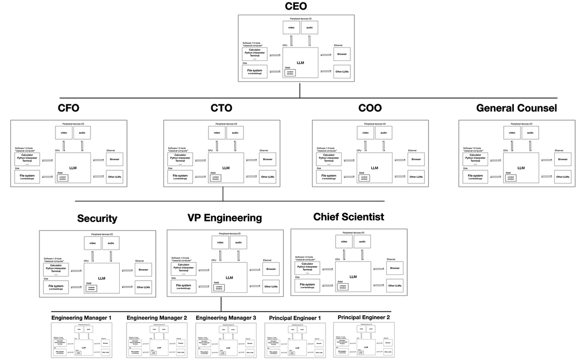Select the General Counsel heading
[516, 108]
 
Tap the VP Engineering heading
[224, 217]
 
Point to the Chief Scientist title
[348, 216]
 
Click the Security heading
[97, 218]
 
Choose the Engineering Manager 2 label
[157, 318]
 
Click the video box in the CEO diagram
[291, 27]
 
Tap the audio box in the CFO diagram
[82, 132]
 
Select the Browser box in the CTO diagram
[268, 159]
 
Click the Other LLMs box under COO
[416, 177]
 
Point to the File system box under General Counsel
[475, 177]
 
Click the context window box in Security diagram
[91, 288]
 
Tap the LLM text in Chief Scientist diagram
[353, 277]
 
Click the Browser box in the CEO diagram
[342, 54]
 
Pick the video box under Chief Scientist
[344, 242]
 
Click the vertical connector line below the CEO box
[299, 90]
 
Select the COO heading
[370, 108]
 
